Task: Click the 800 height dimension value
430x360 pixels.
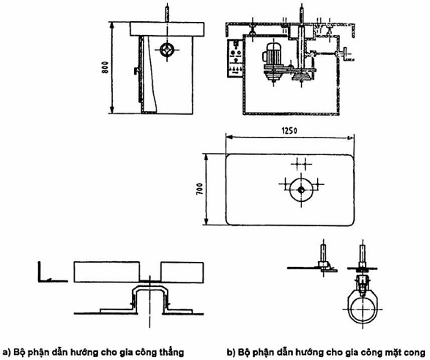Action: click(105, 67)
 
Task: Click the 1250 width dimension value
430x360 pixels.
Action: click(289, 131)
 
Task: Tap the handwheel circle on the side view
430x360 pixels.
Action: click(167, 50)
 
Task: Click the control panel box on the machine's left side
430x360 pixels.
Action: click(234, 58)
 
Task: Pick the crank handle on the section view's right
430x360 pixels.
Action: click(346, 54)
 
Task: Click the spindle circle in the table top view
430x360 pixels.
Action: click(301, 190)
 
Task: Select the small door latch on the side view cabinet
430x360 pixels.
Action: click(136, 71)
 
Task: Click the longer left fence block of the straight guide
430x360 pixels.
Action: click(107, 272)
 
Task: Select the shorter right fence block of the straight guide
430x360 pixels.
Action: click(182, 272)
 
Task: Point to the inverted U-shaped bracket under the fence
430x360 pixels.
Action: click(149, 288)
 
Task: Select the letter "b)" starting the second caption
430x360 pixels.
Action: click(231, 352)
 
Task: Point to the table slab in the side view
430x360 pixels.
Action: click(167, 29)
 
